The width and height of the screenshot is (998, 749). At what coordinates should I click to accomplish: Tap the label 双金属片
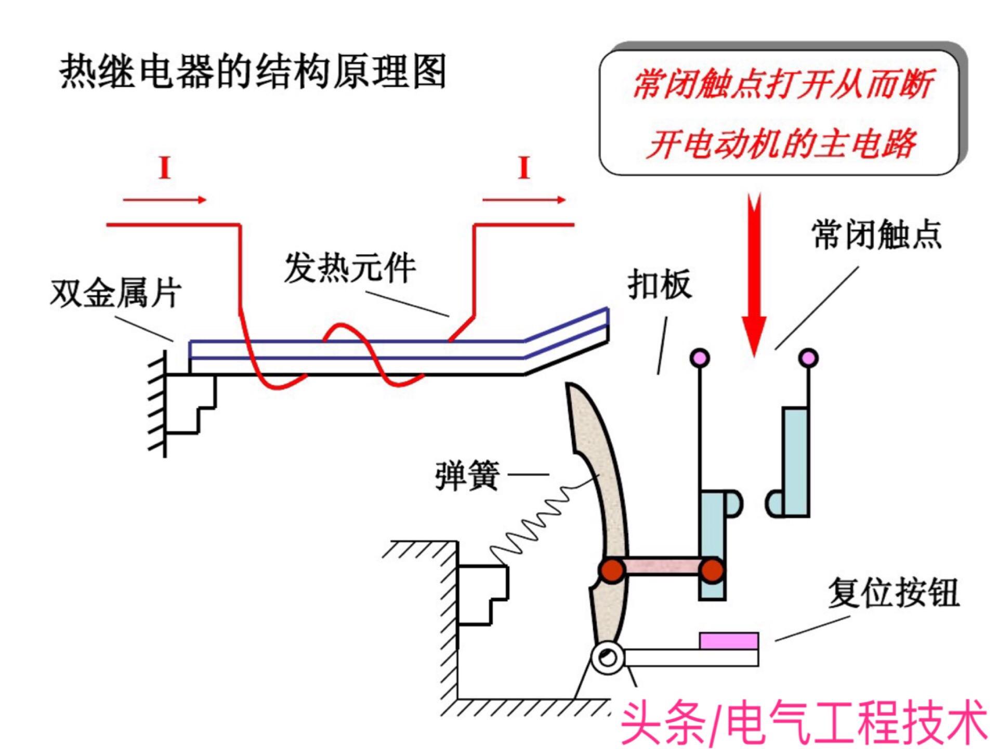tap(115, 293)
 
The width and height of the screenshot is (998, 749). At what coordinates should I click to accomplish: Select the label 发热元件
tap(350, 268)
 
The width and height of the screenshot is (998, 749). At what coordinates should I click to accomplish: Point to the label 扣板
tap(660, 284)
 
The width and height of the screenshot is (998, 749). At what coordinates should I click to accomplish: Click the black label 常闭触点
tap(876, 235)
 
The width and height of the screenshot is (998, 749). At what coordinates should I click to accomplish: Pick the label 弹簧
tap(467, 475)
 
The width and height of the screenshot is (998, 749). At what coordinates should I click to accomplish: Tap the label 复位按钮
tap(893, 592)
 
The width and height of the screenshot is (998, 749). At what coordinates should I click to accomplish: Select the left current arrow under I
tap(165, 200)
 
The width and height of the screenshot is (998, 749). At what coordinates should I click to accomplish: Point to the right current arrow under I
tap(524, 200)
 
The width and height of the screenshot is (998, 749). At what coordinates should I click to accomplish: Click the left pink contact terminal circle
tap(700, 358)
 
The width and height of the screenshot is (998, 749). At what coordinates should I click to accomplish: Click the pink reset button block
tap(729, 641)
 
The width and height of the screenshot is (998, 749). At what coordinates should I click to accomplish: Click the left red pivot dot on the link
tap(612, 571)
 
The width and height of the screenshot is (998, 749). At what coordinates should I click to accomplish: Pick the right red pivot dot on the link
tap(712, 571)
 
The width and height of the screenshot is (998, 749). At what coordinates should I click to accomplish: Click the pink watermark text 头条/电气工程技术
tap(803, 724)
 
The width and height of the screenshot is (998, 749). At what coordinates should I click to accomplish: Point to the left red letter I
tap(165, 168)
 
